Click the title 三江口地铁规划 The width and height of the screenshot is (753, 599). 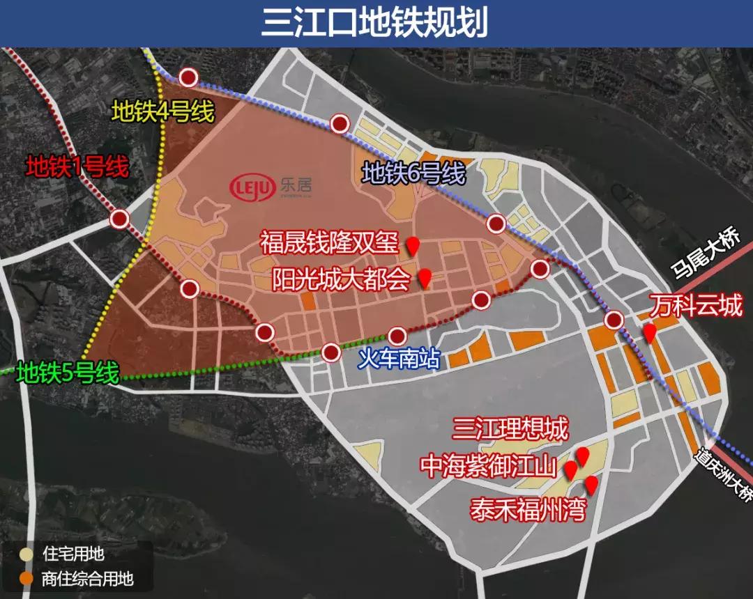click(x=376, y=23)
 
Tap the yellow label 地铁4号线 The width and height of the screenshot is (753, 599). click(x=163, y=111)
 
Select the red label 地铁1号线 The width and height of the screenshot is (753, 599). click(x=77, y=166)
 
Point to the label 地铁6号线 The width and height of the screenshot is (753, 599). click(x=413, y=173)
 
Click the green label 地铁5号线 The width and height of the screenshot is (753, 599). click(x=68, y=373)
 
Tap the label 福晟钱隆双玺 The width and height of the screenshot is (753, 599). click(x=329, y=244)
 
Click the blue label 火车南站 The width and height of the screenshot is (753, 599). click(x=399, y=359)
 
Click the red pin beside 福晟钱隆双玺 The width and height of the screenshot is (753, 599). click(x=413, y=244)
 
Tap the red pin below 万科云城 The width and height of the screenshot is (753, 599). click(x=649, y=332)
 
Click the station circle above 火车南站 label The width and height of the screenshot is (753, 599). click(x=397, y=336)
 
